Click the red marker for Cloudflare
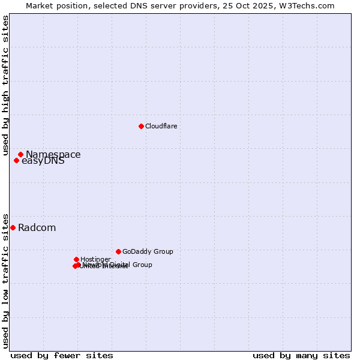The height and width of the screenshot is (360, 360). (141, 126)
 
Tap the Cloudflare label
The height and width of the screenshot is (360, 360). (161, 126)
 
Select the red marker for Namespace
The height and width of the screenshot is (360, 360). (20, 154)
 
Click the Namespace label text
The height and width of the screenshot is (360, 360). (53, 155)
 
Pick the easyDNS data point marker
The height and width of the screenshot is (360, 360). (16, 160)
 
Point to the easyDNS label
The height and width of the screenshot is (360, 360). (43, 161)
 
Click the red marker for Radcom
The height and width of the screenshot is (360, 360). (13, 227)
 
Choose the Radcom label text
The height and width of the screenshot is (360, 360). (37, 228)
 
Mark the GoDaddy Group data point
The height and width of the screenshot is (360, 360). (118, 251)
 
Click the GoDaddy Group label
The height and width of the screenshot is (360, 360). (148, 252)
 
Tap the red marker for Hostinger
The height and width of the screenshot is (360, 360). (76, 259)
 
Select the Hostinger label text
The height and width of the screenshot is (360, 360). (95, 259)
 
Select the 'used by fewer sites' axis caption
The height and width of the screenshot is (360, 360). (62, 356)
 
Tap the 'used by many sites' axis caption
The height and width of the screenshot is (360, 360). (301, 356)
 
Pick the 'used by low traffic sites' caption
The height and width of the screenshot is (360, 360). (5, 281)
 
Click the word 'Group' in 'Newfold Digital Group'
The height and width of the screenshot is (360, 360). (142, 265)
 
